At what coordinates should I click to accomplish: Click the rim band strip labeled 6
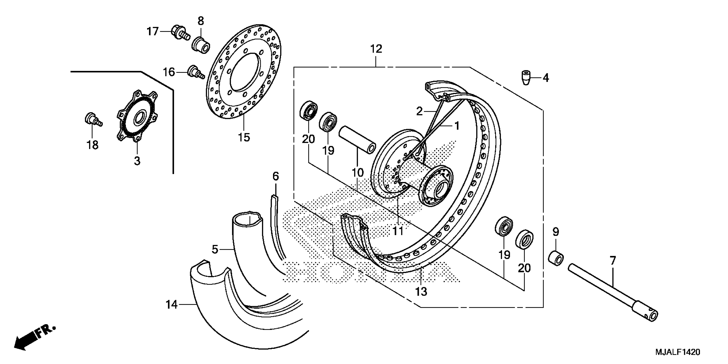(x=277, y=226)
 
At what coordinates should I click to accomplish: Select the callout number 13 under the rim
(x=421, y=291)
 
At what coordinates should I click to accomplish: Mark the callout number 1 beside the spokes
(x=457, y=126)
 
